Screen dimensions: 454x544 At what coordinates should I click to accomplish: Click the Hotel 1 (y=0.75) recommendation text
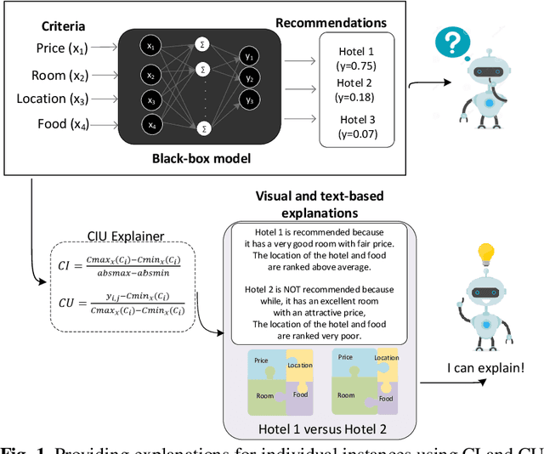point(356,58)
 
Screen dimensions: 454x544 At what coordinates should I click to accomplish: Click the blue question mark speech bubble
point(453,40)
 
